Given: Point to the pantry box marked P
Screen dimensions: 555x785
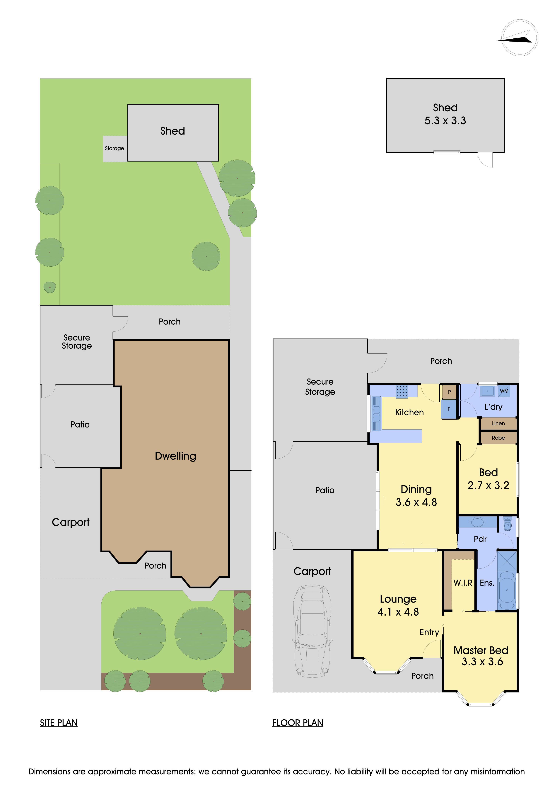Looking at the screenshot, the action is click(x=449, y=392).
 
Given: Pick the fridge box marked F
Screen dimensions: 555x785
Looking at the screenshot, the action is click(x=449, y=409).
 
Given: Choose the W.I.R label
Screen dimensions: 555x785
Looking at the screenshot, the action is click(x=463, y=583).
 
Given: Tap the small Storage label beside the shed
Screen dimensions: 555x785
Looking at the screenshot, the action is click(x=115, y=148).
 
